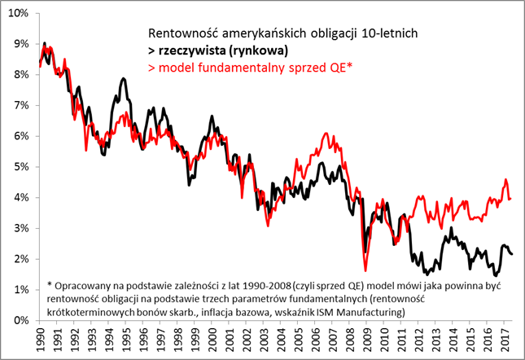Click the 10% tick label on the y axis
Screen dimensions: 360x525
click(17, 13)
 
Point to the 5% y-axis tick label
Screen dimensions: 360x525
click(20, 167)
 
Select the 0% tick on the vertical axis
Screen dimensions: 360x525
click(20, 321)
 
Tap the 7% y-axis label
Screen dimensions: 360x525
click(20, 105)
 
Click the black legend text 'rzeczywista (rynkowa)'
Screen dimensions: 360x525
click(218, 50)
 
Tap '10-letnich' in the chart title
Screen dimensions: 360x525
click(389, 33)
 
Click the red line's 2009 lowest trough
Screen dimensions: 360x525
click(365, 270)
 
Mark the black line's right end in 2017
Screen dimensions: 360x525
click(512, 254)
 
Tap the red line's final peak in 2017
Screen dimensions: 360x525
click(505, 180)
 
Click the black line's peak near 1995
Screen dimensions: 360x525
click(123, 79)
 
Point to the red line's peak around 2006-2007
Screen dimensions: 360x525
click(326, 134)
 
